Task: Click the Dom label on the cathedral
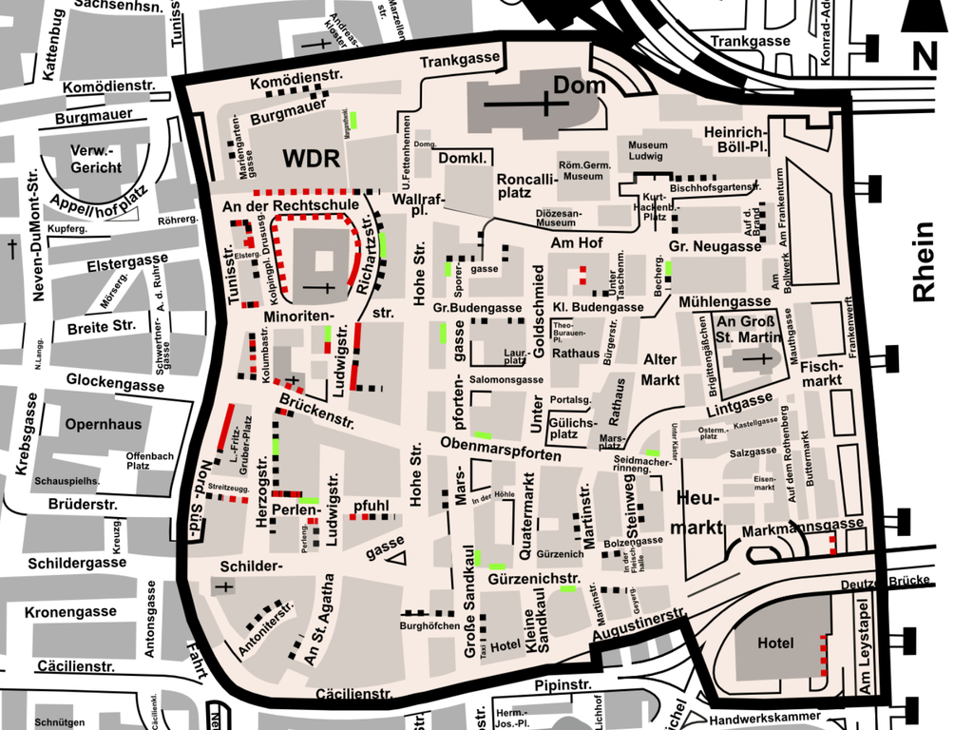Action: (580, 86)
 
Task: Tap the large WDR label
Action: (311, 159)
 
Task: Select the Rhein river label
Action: (924, 262)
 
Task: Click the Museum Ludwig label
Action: (648, 150)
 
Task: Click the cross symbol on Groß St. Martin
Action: (760, 359)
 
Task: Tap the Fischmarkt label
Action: (822, 374)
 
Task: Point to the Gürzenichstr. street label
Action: (535, 579)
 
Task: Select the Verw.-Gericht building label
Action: (95, 160)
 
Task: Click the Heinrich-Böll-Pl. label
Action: (735, 140)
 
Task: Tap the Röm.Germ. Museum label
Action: (581, 170)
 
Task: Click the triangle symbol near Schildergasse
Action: (399, 557)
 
